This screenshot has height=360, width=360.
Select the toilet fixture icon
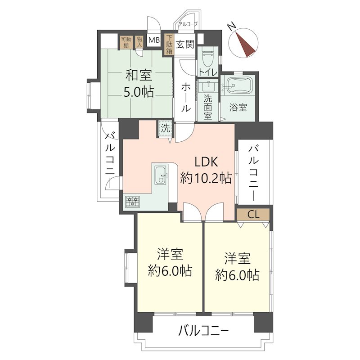tap(208, 58)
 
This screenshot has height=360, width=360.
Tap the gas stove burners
tap(133, 202)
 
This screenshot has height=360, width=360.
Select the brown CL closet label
tap(253, 215)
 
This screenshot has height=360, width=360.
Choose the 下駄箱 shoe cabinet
tap(169, 45)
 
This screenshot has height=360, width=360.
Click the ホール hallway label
tap(185, 98)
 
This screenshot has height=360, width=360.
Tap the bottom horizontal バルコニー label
tap(203, 332)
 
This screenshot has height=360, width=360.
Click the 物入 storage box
tap(139, 41)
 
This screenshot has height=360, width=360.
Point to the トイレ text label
tap(208, 72)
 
